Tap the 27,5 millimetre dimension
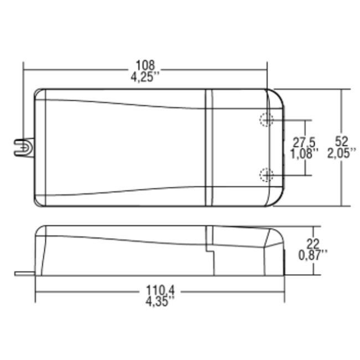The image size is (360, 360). [304, 142]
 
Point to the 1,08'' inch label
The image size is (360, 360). [305, 153]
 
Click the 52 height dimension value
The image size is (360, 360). [341, 142]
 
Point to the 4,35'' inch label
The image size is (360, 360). [159, 301]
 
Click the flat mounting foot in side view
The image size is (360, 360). [25, 273]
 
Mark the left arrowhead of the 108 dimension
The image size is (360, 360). [25, 70]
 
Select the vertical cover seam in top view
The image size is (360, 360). [209, 148]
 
